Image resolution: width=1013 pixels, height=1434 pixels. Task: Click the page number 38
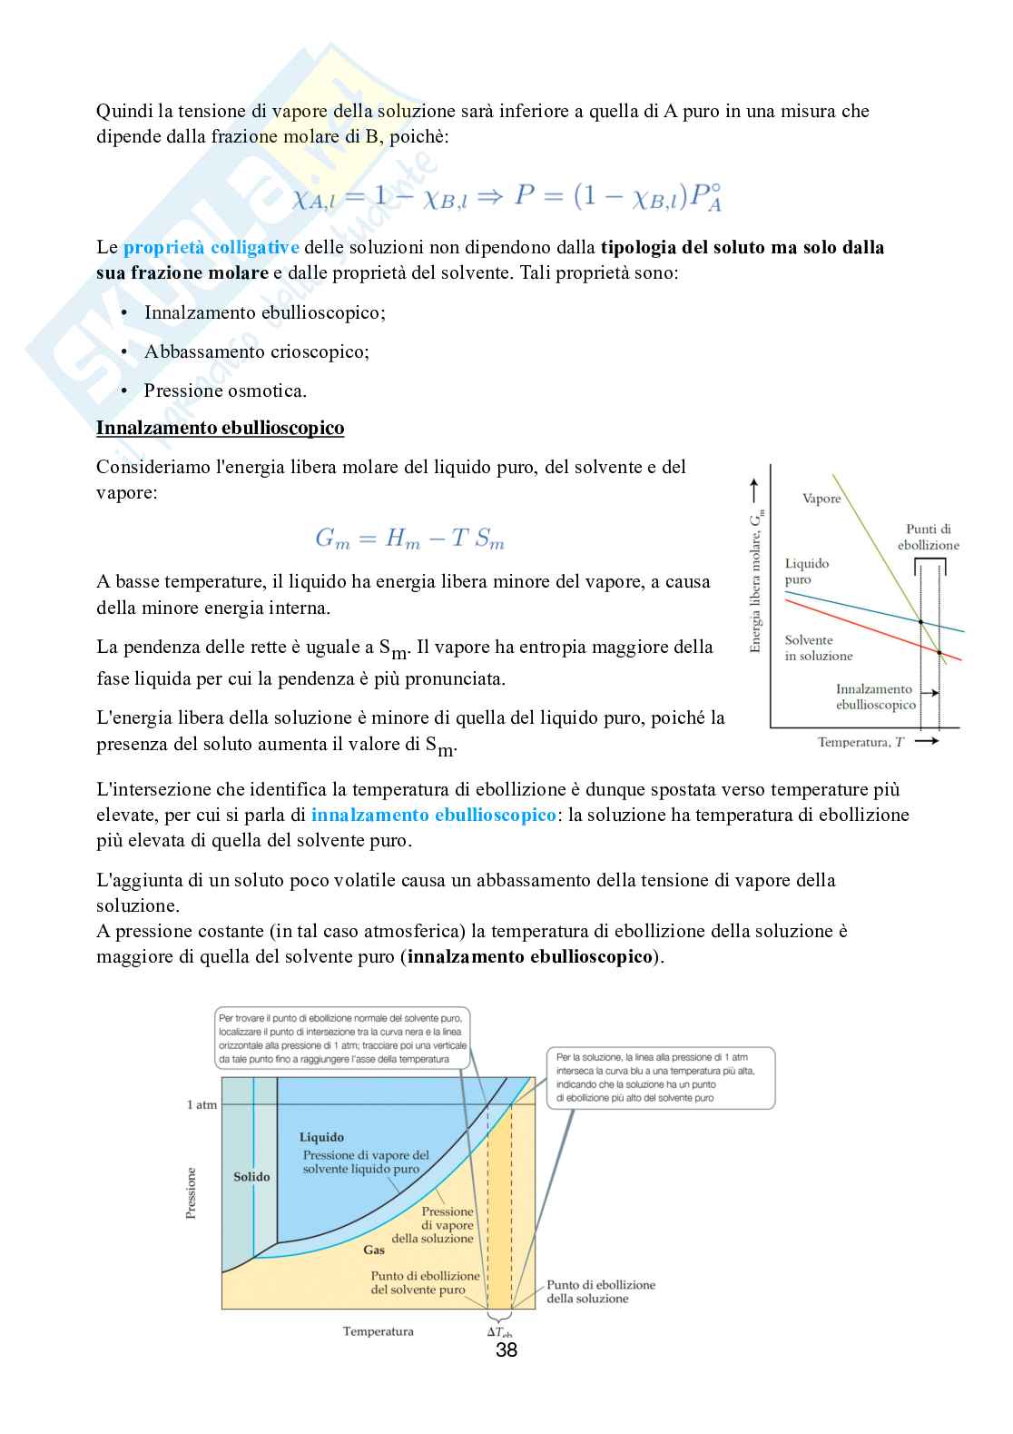click(506, 1350)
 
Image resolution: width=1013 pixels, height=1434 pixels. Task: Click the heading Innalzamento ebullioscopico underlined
click(220, 428)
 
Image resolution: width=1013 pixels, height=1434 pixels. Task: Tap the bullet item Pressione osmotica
click(225, 391)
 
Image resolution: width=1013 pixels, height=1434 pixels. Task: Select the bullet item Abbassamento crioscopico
click(256, 351)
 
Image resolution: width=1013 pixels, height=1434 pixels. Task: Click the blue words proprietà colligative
click(211, 247)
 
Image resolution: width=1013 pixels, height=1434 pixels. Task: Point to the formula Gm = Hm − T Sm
click(409, 539)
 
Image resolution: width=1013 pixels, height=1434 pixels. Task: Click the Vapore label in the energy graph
click(821, 499)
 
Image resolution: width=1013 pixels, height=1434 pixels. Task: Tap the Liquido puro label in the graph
click(806, 571)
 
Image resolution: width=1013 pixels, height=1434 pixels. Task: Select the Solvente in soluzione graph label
click(818, 648)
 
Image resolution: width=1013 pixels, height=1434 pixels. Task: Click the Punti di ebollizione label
click(929, 537)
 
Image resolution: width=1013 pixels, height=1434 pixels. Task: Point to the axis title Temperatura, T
click(861, 742)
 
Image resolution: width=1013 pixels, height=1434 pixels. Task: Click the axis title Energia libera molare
click(756, 581)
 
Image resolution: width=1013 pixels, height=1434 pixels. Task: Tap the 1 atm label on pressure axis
click(202, 1104)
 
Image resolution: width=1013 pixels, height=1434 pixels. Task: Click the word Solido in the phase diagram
click(251, 1176)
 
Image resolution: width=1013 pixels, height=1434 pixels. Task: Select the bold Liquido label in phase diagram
click(321, 1137)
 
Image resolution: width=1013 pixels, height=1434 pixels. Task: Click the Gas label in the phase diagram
click(374, 1250)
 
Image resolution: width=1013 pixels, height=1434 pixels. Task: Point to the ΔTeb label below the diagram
click(499, 1332)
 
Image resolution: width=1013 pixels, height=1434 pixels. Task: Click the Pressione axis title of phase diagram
click(191, 1193)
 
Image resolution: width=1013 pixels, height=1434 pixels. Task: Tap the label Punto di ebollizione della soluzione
click(600, 1291)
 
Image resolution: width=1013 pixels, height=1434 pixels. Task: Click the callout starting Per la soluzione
click(660, 1077)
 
